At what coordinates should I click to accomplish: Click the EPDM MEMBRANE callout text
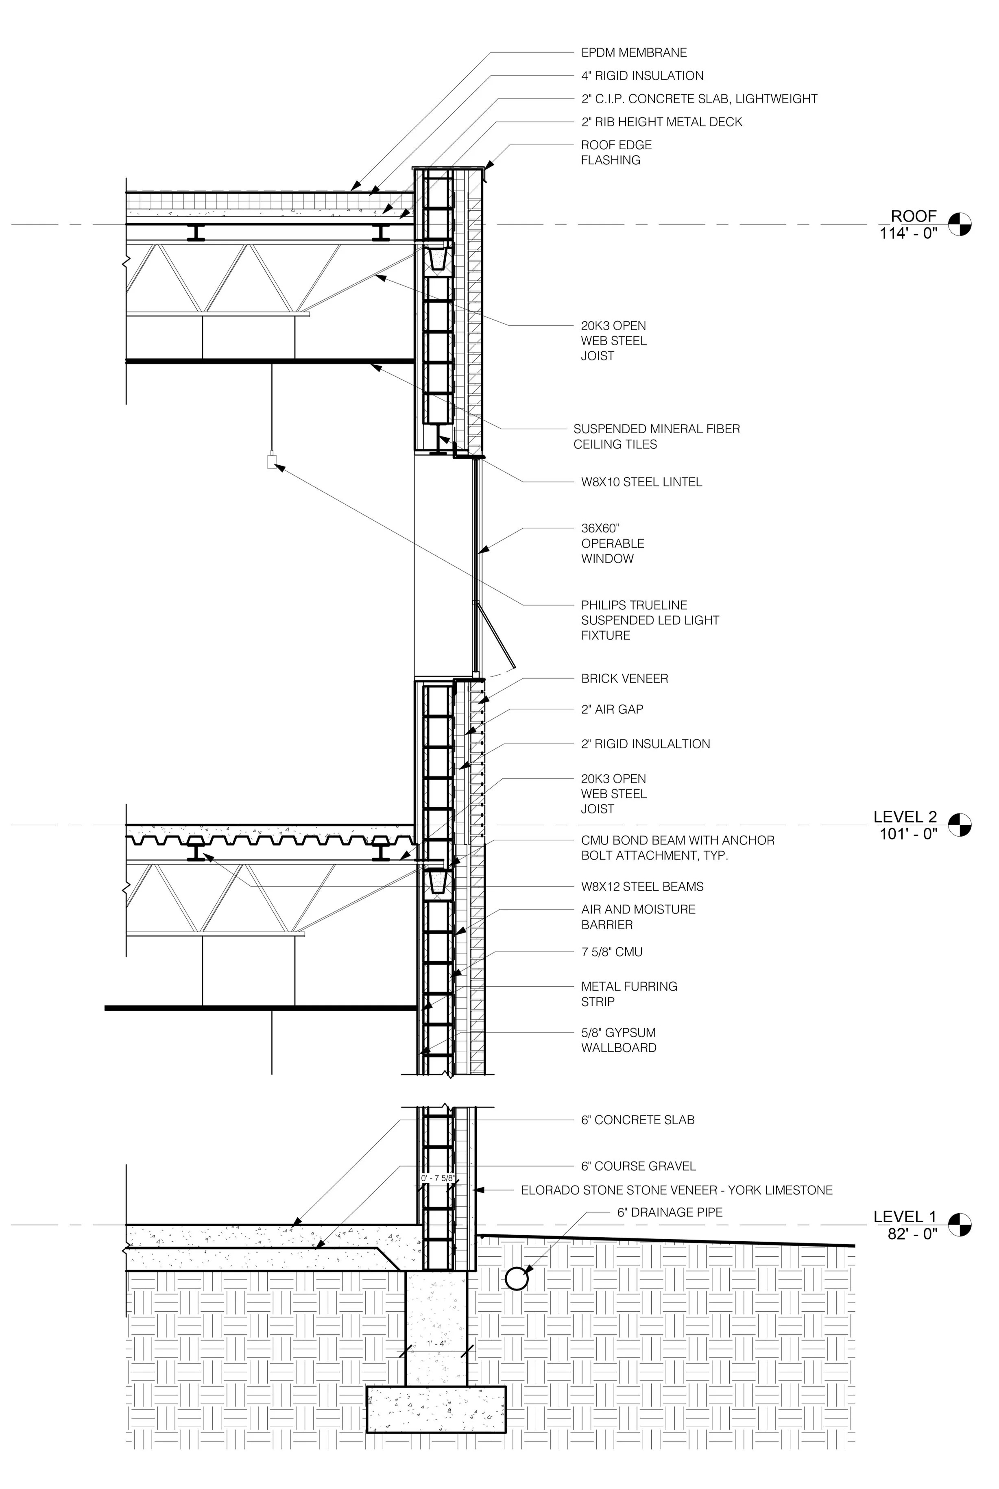coord(633,53)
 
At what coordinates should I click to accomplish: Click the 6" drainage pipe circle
coord(516,1277)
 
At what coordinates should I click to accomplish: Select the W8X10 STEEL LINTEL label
coord(641,482)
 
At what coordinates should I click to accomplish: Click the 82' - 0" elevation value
coord(912,1234)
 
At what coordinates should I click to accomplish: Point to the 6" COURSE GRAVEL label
coord(638,1166)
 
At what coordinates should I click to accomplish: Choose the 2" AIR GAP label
coord(612,709)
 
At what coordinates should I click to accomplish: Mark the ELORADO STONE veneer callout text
coord(676,1190)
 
